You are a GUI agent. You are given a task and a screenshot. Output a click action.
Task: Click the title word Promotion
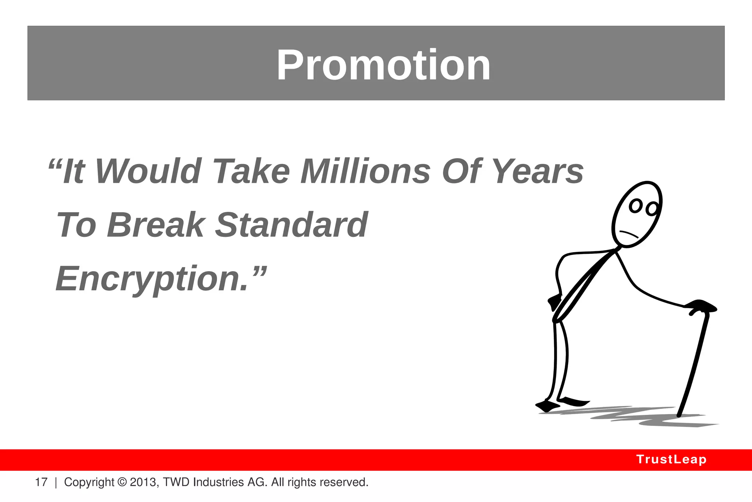pos(383,65)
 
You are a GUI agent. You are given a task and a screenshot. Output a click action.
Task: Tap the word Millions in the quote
pos(365,171)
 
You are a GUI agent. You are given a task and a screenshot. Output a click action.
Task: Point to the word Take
pos(252,171)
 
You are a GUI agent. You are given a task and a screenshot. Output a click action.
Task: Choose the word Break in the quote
pos(156,225)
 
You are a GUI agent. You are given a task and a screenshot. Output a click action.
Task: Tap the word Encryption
pos(152,279)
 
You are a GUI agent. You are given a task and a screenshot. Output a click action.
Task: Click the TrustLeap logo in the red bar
pos(671,459)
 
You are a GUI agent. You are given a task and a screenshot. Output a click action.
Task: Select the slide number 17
pos(41,482)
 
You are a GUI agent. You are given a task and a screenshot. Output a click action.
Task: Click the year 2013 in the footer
pos(143,482)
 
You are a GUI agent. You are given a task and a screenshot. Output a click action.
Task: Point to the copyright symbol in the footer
pos(122,482)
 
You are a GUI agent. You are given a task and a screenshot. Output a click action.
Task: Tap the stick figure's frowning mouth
pos(629,234)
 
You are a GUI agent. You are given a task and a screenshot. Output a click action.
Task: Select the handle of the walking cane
pos(701,307)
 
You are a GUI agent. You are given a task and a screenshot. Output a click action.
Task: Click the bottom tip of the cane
pos(679,415)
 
